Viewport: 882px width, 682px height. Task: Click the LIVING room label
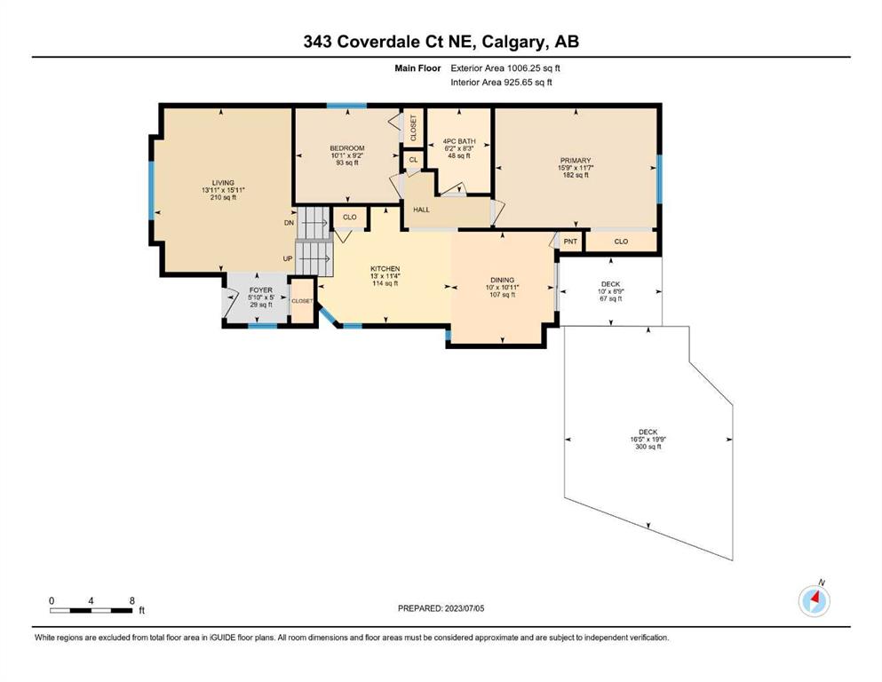coord(223,183)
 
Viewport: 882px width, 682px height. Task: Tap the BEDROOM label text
coord(347,148)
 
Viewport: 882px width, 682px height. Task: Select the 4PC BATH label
coord(459,141)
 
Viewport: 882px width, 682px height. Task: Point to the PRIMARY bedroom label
coord(576,160)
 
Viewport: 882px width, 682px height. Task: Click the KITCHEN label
coord(385,269)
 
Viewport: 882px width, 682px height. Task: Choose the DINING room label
coord(503,280)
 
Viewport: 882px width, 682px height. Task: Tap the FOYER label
coord(260,290)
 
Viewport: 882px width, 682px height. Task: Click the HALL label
coord(421,210)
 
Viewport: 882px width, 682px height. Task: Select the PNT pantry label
coord(570,242)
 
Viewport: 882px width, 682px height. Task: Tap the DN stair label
coord(290,223)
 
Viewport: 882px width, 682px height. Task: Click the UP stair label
coord(288,258)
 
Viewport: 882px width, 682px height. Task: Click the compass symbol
coord(814,600)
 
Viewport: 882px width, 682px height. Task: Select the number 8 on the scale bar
coord(132,600)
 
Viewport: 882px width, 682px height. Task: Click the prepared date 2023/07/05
coord(465,608)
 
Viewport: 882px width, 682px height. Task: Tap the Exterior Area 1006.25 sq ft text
coord(505,68)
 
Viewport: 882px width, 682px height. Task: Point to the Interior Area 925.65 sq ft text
coord(501,82)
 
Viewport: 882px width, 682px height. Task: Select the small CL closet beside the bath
coord(413,160)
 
